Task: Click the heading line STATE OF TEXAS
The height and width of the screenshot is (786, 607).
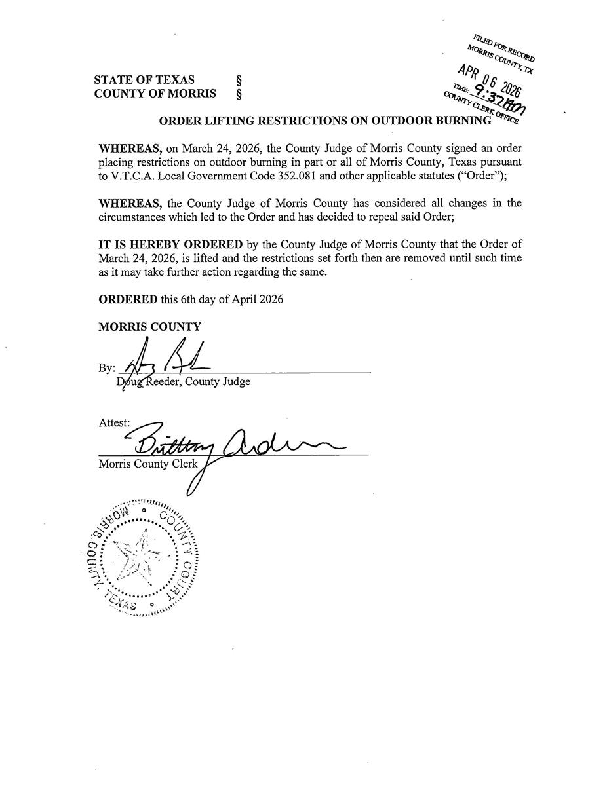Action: pyautogui.click(x=144, y=80)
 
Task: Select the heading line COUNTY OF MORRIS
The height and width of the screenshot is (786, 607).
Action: pyautogui.click(x=155, y=94)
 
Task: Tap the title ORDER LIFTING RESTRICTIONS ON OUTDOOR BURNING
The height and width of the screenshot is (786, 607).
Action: pyautogui.click(x=325, y=121)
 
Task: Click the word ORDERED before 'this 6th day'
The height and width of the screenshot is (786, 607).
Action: pyautogui.click(x=128, y=299)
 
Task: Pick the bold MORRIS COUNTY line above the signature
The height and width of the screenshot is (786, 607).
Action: pyautogui.click(x=149, y=327)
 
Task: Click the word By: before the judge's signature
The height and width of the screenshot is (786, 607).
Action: pyautogui.click(x=107, y=369)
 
